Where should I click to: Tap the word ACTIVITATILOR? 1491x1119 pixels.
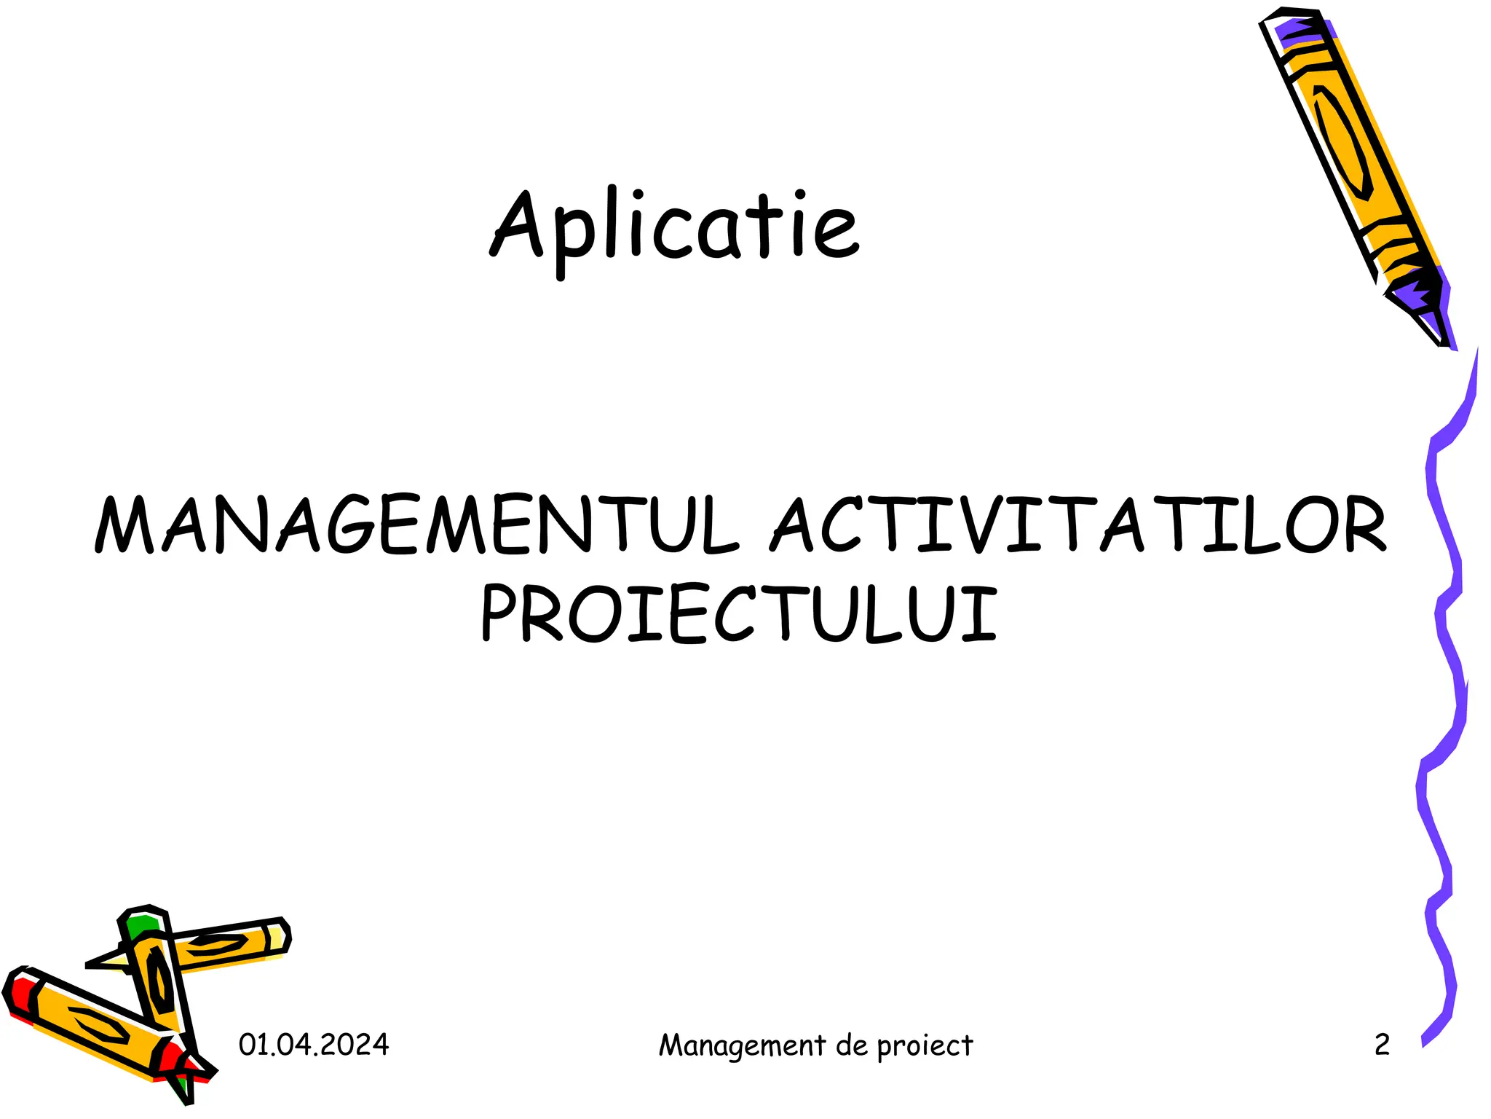pyautogui.click(x=1079, y=525)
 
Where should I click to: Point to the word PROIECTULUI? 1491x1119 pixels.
pyautogui.click(x=738, y=613)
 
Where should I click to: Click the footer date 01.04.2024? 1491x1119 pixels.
pyautogui.click(x=314, y=1045)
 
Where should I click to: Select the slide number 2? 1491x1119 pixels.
pyautogui.click(x=1382, y=1045)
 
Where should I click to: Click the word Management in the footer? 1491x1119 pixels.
pyautogui.click(x=742, y=1046)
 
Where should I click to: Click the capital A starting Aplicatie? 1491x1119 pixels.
pyautogui.click(x=518, y=224)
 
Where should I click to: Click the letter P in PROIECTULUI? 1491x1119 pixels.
pyautogui.click(x=502, y=613)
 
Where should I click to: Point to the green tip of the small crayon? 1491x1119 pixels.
pyautogui.click(x=141, y=926)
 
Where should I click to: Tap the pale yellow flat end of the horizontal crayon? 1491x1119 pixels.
pyautogui.click(x=278, y=938)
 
